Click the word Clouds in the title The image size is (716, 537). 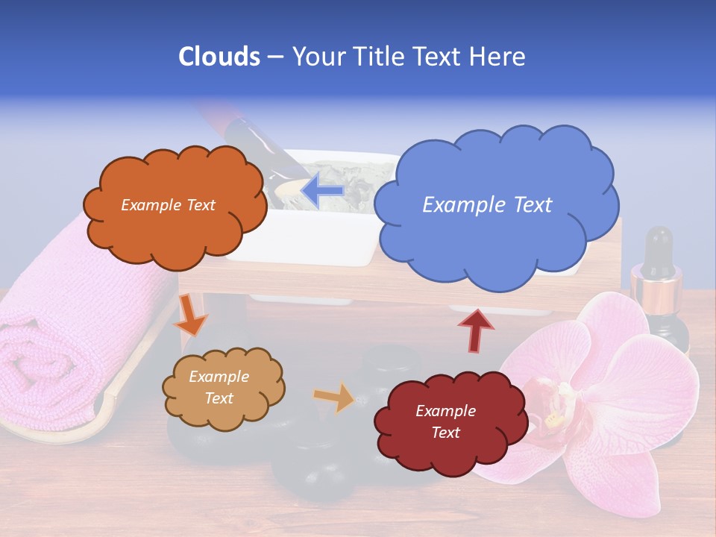click(219, 57)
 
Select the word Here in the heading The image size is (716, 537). click(498, 57)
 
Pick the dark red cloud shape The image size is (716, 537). click(447, 447)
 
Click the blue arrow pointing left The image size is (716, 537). click(322, 191)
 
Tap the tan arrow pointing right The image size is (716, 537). click(335, 398)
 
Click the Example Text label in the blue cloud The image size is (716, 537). click(487, 205)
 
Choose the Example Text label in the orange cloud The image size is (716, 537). click(168, 205)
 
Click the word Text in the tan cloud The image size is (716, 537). click(219, 398)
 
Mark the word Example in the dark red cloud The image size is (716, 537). click(445, 411)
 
